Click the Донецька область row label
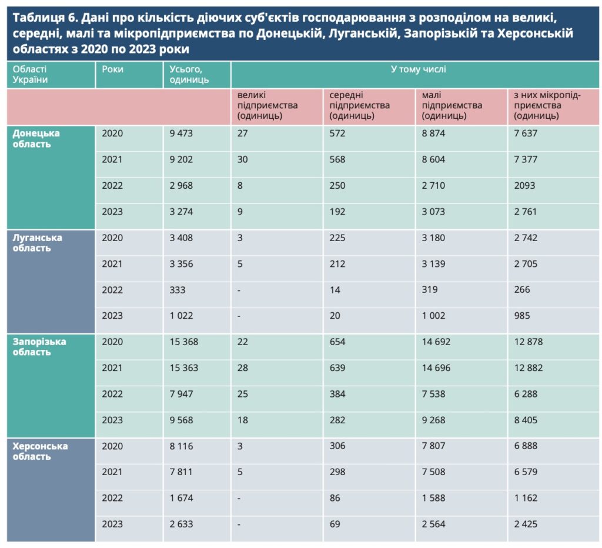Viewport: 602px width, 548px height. coord(36,138)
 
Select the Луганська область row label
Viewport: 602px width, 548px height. coord(37,243)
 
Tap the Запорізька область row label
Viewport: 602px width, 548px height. coord(39,347)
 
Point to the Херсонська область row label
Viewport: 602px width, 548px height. coord(40,451)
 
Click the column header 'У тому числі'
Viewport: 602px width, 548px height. coord(418,69)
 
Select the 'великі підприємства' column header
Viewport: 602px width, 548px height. coord(267,105)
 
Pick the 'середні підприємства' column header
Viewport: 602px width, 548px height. coord(360,105)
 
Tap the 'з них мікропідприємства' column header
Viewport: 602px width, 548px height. coord(546,105)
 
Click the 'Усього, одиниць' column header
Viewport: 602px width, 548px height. coord(189,75)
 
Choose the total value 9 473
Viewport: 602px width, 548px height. coord(181,133)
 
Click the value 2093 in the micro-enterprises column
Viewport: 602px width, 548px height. coord(524,186)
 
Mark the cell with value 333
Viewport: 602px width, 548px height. coord(177,290)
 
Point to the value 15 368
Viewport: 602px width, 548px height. coord(183,342)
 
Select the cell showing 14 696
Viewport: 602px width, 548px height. coord(437,368)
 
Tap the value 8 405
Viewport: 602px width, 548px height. coord(528,420)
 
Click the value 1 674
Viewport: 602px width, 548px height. coord(181,498)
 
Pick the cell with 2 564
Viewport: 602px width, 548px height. coord(434,524)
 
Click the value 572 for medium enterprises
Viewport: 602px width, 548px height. coord(337,133)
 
